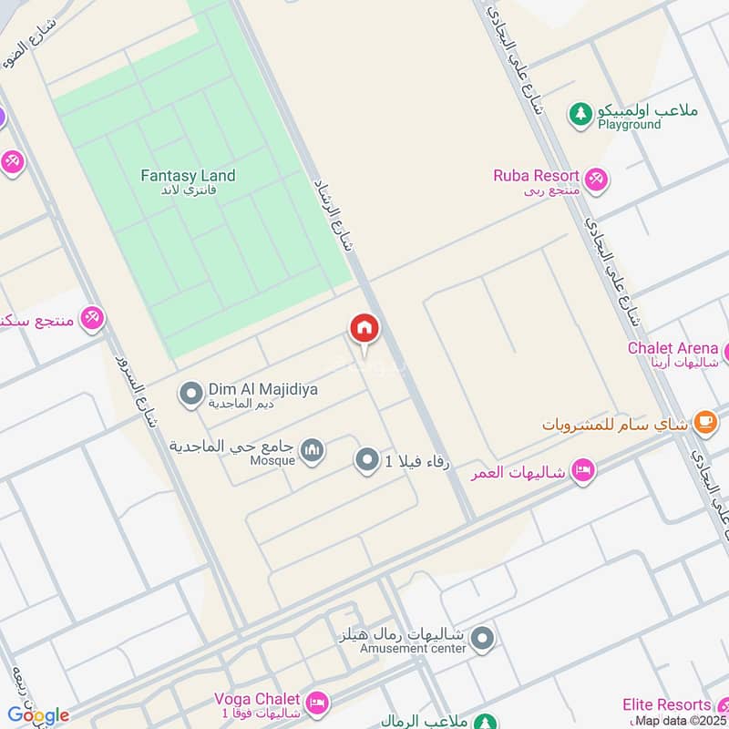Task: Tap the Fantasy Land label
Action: [189, 176]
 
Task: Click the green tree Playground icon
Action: [580, 114]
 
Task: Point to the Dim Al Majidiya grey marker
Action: [191, 394]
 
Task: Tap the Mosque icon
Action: [313, 451]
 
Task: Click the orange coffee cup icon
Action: [704, 421]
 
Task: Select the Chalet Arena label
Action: [673, 348]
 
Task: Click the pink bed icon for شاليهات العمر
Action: [580, 471]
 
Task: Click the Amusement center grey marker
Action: [483, 638]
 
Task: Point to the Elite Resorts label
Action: [666, 704]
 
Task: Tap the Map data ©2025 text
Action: [680, 721]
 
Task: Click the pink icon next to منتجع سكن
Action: [91, 319]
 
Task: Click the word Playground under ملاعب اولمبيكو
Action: [629, 125]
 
